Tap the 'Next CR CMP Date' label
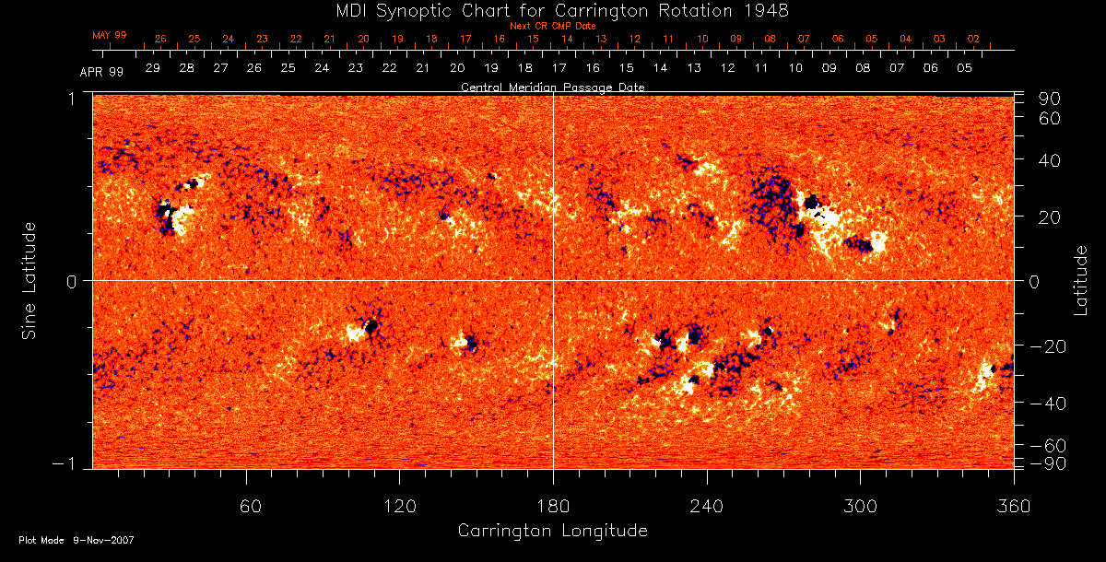(553, 26)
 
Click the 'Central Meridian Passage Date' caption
(553, 88)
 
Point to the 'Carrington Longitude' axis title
(552, 531)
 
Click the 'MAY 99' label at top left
(109, 35)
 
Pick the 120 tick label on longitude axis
(399, 506)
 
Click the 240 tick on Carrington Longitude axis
(707, 506)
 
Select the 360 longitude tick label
(1013, 506)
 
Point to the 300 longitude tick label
(860, 506)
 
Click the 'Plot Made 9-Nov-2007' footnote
(76, 540)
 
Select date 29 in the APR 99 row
(152, 68)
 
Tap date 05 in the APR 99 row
(964, 68)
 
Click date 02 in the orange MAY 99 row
(973, 40)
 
